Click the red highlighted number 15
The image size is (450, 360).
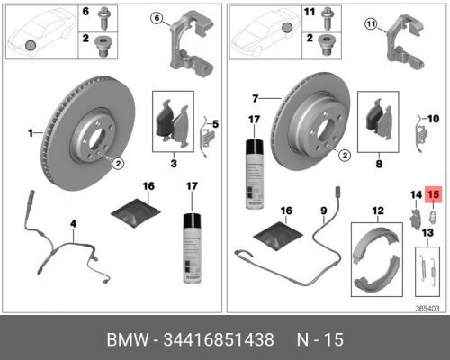[x=433, y=194]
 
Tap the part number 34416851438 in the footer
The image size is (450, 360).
[x=219, y=339]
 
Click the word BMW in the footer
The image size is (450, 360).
[x=128, y=339]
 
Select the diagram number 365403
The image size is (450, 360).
[x=427, y=308]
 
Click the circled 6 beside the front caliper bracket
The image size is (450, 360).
[x=157, y=18]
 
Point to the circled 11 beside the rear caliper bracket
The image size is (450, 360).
[x=372, y=24]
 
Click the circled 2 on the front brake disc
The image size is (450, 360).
[x=118, y=164]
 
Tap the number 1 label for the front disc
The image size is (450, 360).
[x=31, y=133]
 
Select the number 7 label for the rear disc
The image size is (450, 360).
[x=255, y=98]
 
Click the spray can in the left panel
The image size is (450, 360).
[x=193, y=248]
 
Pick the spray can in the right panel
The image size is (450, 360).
[x=255, y=174]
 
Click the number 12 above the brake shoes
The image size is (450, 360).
[x=378, y=211]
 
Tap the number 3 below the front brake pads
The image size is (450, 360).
[x=174, y=164]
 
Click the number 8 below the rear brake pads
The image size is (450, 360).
[x=379, y=164]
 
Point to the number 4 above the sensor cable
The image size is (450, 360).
[x=74, y=223]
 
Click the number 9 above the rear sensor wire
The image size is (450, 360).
[x=324, y=211]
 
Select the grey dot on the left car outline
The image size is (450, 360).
[x=31, y=46]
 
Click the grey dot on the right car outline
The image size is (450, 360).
[x=287, y=28]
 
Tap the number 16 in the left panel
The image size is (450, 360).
[x=148, y=186]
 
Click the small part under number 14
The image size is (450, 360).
[x=416, y=218]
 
